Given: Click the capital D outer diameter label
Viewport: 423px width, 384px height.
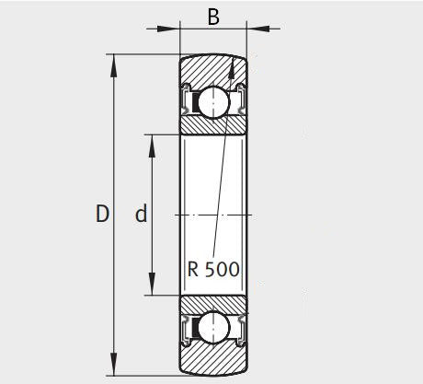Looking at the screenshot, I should coord(102,215).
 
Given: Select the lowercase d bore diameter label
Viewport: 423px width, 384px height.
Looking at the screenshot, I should coord(141,215).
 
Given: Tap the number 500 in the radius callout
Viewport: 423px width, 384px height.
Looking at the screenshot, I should coord(222,270).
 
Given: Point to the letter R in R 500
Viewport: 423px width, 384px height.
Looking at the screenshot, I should coord(193,270).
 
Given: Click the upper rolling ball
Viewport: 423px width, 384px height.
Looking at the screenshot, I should coord(213,99).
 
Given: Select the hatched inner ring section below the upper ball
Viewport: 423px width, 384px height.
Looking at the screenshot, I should coord(213,125).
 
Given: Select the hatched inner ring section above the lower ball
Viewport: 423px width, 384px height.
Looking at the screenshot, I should coord(213,304).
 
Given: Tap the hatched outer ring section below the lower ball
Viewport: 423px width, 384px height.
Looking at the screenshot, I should coord(213,360).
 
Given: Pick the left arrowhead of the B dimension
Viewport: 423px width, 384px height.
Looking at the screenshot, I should coord(173,29).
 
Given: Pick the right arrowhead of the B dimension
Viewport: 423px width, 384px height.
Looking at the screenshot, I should coord(254,29).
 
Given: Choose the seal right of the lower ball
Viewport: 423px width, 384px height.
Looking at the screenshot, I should coord(241,327).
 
